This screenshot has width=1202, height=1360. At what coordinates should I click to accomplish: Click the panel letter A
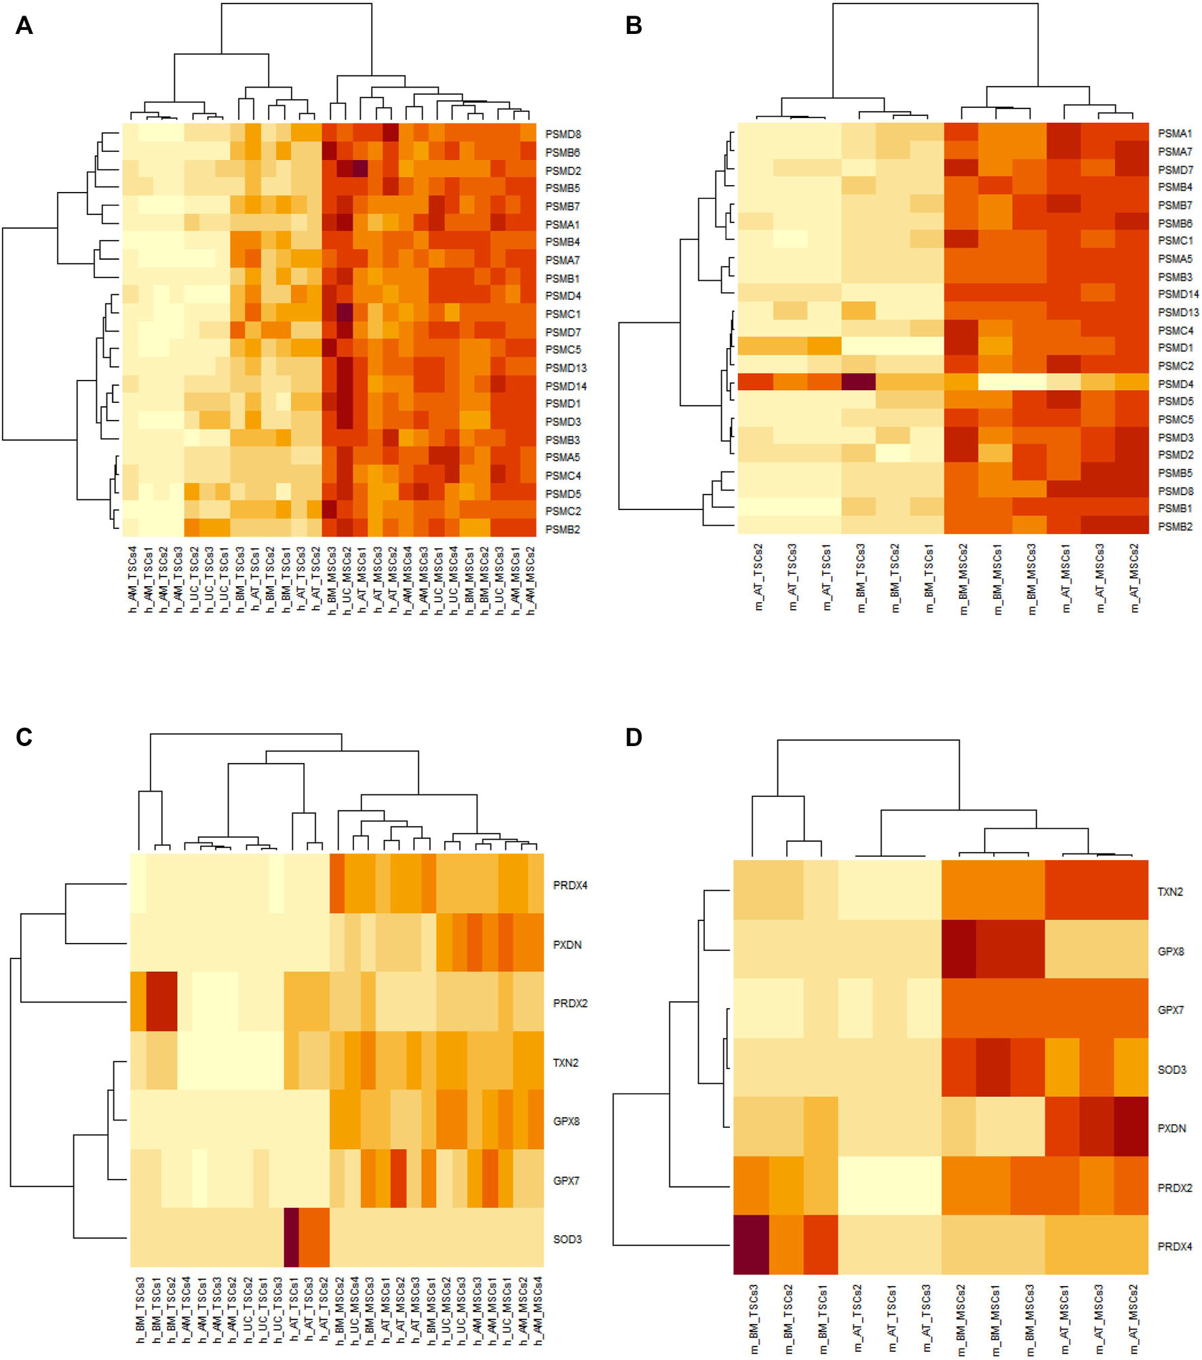pyautogui.click(x=24, y=26)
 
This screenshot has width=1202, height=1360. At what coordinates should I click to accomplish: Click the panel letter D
pyautogui.click(x=633, y=737)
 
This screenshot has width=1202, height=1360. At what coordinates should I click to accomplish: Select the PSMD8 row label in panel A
pyautogui.click(x=562, y=134)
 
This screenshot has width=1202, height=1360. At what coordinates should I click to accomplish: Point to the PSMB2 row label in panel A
pyautogui.click(x=562, y=530)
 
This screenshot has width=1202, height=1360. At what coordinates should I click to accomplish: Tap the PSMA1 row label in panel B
pyautogui.click(x=1174, y=134)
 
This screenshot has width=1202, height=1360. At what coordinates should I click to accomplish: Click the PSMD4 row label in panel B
pyautogui.click(x=1174, y=384)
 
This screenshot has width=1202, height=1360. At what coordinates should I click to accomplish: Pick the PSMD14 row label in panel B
pyautogui.click(x=1178, y=294)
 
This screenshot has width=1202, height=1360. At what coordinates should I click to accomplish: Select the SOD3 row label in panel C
pyautogui.click(x=567, y=1239)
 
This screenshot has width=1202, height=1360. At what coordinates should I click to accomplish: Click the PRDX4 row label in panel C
pyautogui.click(x=570, y=885)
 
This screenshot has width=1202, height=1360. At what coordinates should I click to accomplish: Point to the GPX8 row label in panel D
pyautogui.click(x=1171, y=952)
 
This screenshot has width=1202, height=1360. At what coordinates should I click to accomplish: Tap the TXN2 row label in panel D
pyautogui.click(x=1170, y=892)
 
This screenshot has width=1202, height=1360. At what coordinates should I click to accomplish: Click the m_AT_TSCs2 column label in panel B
pyautogui.click(x=758, y=577)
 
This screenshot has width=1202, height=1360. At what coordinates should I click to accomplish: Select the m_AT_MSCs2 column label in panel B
pyautogui.click(x=1133, y=578)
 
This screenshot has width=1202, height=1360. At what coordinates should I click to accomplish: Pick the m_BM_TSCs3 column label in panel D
pyautogui.click(x=754, y=1319)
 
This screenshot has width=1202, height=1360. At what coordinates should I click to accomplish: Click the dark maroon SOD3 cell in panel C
pyautogui.click(x=291, y=1237)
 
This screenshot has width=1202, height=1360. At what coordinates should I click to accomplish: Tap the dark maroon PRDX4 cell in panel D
pyautogui.click(x=751, y=1245)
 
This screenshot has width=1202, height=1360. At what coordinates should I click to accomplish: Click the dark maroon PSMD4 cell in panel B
pyautogui.click(x=858, y=382)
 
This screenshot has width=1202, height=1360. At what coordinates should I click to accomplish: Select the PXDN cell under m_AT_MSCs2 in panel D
pyautogui.click(x=1131, y=1127)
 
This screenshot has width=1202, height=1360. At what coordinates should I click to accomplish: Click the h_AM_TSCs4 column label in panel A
pyautogui.click(x=132, y=580)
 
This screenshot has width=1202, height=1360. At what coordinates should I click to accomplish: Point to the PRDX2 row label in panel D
pyautogui.click(x=1174, y=1188)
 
